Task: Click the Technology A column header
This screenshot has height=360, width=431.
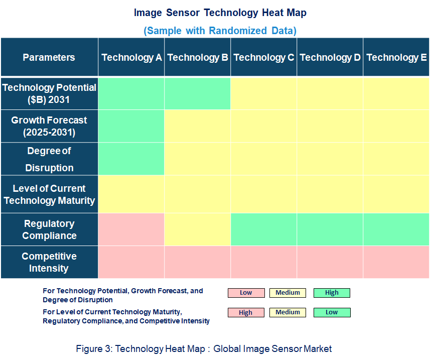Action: [131, 57]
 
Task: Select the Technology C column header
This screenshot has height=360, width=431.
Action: [264, 57]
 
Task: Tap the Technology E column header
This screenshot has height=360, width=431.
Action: [396, 57]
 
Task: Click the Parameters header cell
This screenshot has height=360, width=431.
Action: [49, 57]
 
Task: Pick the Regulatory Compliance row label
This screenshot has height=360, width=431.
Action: [49, 229]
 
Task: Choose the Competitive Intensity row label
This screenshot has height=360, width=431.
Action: [49, 262]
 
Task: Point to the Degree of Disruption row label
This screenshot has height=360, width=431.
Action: [49, 159]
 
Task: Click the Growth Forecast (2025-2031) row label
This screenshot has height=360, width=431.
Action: [49, 127]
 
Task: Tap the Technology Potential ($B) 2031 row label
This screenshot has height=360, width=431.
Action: [49, 93]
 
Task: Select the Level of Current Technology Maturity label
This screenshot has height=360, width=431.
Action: [49, 194]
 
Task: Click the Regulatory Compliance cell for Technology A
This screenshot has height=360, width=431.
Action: [131, 229]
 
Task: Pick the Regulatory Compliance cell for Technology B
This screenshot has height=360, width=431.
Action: [198, 229]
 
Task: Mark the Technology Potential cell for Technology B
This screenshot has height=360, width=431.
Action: [198, 93]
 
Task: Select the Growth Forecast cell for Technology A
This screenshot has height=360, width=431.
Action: [131, 127]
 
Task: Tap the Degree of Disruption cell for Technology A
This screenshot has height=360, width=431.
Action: [131, 159]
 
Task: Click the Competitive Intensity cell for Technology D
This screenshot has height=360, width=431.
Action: [330, 262]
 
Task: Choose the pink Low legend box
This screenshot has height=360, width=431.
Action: [246, 293]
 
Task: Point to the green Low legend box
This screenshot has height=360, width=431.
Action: [332, 312]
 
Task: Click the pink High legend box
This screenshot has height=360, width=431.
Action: [246, 312]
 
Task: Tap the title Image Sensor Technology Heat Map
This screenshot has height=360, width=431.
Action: [220, 13]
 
